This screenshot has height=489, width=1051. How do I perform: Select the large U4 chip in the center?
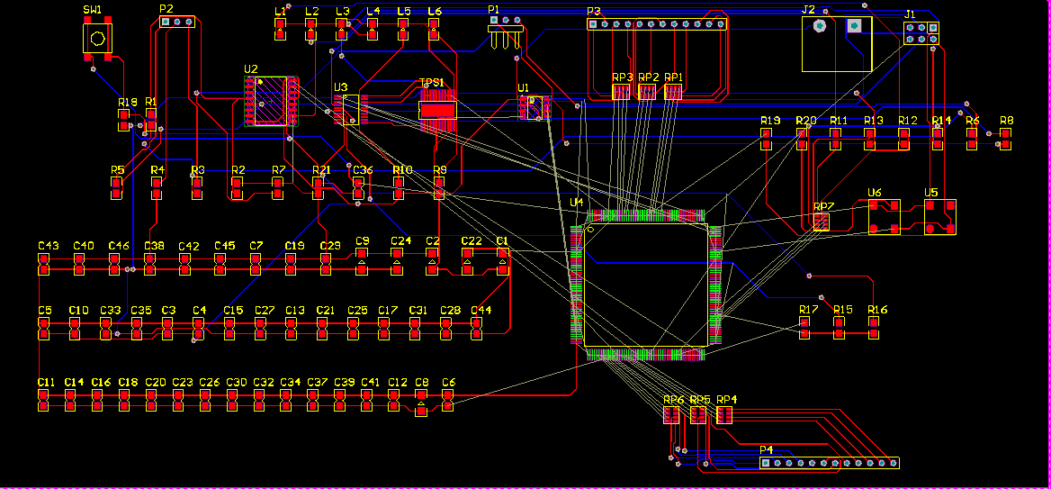[x=646, y=285]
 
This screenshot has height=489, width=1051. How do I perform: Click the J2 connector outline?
[x=837, y=43]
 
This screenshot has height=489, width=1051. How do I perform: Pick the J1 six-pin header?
[x=921, y=33]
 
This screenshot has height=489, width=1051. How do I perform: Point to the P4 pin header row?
[x=829, y=463]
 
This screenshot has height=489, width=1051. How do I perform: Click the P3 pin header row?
[x=657, y=24]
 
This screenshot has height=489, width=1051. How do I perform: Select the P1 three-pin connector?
[x=506, y=32]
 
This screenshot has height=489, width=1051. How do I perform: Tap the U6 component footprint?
[x=884, y=217]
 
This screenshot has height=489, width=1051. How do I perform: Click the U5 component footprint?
[x=939, y=217]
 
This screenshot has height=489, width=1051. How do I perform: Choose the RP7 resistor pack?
[x=822, y=222]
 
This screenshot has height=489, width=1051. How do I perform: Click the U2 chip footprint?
[x=272, y=101]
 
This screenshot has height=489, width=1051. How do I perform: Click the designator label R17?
[x=808, y=310]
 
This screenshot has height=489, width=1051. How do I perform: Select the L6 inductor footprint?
[x=434, y=30]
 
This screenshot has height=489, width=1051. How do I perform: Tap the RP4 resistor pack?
[x=724, y=414]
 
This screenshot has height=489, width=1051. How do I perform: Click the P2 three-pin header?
[x=176, y=22]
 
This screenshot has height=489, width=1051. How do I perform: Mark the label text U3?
[x=340, y=87]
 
